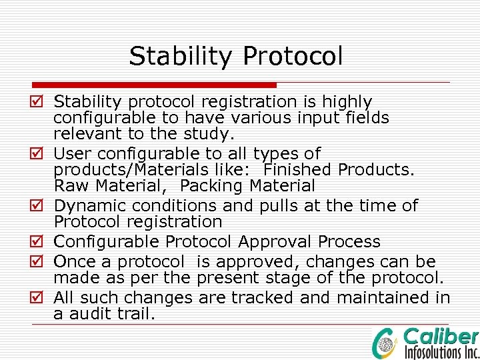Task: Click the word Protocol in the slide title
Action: pos(293,56)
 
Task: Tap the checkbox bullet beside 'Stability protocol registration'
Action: pos(38,102)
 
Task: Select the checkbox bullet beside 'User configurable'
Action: pos(38,154)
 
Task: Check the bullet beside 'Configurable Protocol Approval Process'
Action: pos(38,241)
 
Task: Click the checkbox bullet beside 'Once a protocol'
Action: pos(38,261)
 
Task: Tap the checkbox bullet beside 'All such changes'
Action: pos(38,297)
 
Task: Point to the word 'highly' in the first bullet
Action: pos(347,102)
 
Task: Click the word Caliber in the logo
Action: pos(441,336)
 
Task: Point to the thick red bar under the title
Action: pos(153,85)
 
